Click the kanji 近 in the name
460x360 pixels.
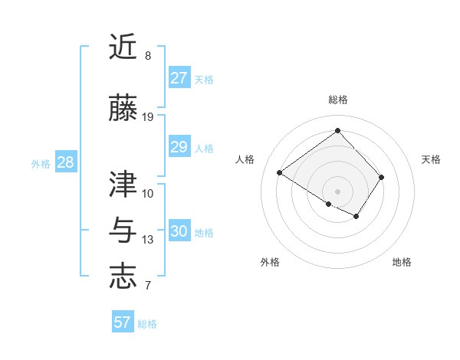tap(123, 47)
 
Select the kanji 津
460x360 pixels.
tap(123, 184)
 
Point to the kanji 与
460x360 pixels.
tap(123, 230)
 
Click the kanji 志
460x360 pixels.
tap(123, 276)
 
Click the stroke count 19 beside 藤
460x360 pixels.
tap(148, 116)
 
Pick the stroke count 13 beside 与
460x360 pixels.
tap(148, 240)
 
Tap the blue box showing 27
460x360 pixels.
tap(179, 78)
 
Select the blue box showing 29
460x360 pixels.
tap(179, 147)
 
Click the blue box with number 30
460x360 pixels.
tap(179, 231)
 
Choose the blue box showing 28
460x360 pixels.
tap(65, 162)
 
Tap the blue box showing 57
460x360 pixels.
tap(122, 322)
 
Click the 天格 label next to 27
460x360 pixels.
tap(204, 80)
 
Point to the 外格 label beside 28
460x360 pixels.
tap(41, 164)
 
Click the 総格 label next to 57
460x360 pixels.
tap(147, 324)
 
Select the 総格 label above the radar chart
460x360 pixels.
tap(337, 100)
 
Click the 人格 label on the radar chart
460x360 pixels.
tap(245, 159)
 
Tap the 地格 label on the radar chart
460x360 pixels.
tap(402, 262)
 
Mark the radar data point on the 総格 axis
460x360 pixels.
tap(337, 130)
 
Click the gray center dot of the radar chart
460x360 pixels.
tap(337, 190)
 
